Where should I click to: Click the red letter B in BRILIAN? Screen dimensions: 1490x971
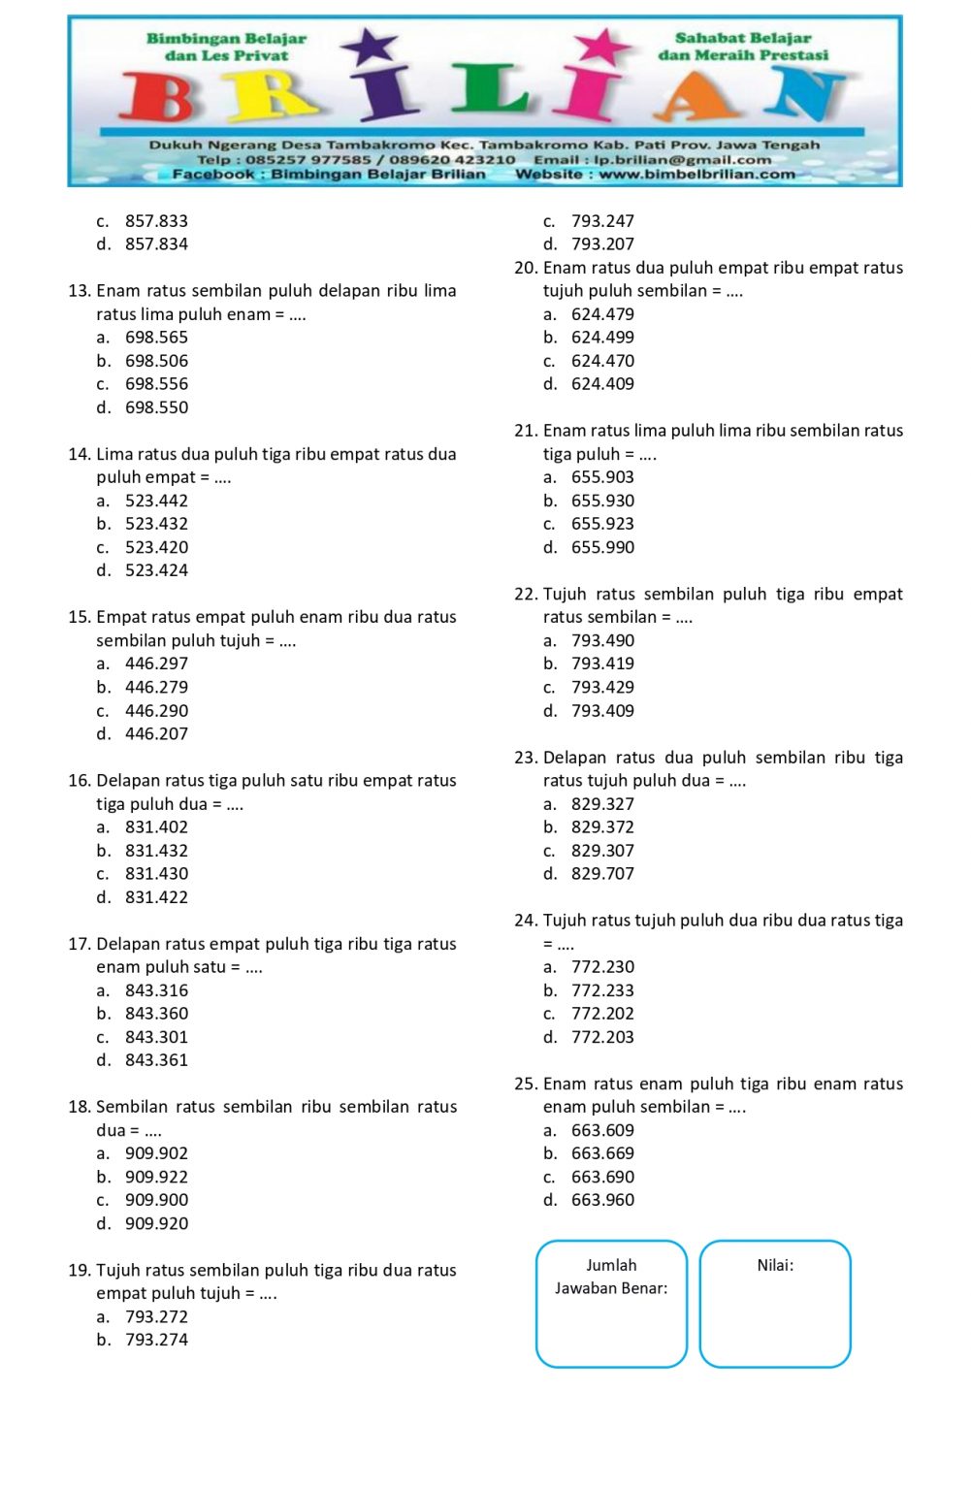coord(167,98)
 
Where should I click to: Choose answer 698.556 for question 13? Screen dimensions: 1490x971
coord(156,384)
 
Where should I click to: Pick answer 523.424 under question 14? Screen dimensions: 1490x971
coord(156,570)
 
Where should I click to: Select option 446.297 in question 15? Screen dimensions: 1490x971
coord(156,664)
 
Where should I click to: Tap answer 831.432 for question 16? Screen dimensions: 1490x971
coord(156,851)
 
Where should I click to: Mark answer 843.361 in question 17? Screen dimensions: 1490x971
coord(156,1060)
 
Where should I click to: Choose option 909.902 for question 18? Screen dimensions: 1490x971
coord(156,1153)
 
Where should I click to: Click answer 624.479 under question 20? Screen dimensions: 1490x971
coord(602,314)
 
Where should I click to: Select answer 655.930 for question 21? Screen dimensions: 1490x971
coord(602,501)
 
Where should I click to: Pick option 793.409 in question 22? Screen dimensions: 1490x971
coord(602,711)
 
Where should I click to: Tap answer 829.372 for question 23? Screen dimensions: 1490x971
coord(602,827)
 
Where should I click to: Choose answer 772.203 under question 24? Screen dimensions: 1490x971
coord(602,1037)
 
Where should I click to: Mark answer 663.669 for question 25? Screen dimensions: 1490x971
coord(602,1153)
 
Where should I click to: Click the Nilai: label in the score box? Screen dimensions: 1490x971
coord(775,1265)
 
